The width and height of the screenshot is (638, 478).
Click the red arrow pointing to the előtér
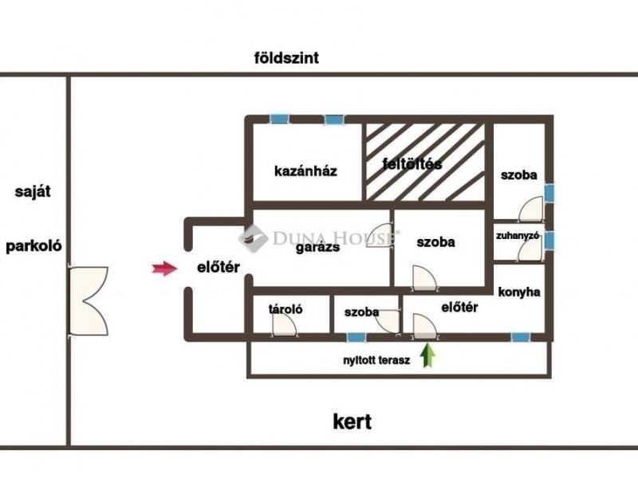tap(165, 268)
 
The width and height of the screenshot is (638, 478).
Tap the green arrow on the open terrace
tap(427, 355)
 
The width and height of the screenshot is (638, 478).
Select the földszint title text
tap(286, 58)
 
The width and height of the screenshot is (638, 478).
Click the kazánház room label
tap(305, 171)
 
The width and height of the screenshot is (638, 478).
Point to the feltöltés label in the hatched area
tap(412, 164)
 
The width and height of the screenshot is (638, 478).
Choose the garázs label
tap(317, 247)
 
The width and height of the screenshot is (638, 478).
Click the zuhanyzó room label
tap(518, 235)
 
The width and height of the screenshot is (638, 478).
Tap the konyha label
tap(519, 292)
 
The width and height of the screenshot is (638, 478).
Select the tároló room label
tap(286, 309)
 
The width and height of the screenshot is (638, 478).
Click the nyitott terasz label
tap(376, 361)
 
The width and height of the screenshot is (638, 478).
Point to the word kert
tap(352, 421)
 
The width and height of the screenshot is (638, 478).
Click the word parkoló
tap(33, 246)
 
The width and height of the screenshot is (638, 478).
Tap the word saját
tap(33, 191)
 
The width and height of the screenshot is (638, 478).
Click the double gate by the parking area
tap(89, 301)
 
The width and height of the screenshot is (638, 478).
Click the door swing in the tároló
tap(285, 325)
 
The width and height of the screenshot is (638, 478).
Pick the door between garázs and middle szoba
tap(380, 235)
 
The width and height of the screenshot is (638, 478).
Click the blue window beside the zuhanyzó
tap(549, 241)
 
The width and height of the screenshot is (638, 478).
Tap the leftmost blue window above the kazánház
tap(279, 119)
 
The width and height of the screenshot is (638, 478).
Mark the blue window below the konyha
tap(521, 337)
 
